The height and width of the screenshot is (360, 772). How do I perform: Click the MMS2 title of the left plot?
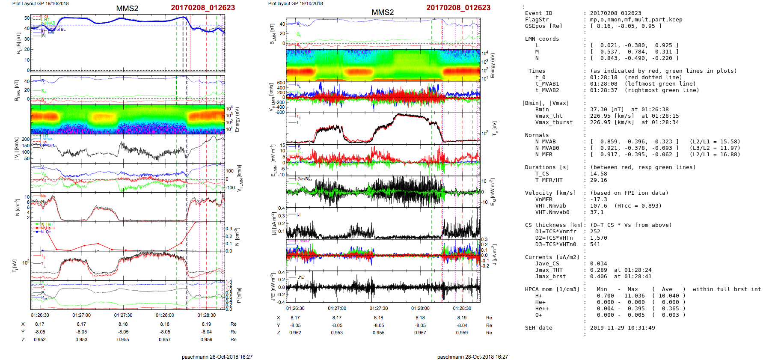(x=127, y=9)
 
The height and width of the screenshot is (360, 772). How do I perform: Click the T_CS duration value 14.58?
(x=598, y=174)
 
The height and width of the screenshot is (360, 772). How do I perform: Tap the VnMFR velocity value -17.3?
(x=598, y=199)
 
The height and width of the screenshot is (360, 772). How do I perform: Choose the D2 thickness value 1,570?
(x=598, y=238)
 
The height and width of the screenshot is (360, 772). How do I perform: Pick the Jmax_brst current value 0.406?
(x=598, y=277)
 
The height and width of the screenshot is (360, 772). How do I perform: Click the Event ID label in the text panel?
(x=538, y=13)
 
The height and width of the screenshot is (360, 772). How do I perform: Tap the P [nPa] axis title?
(x=239, y=295)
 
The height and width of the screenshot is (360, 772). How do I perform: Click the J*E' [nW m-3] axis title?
(x=272, y=287)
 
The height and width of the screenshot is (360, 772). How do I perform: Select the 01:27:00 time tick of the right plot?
(x=337, y=308)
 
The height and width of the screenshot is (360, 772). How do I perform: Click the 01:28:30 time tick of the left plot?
(x=206, y=315)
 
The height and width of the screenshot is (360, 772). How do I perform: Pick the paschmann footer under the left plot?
(x=217, y=357)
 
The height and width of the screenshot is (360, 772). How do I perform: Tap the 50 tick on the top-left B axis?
(x=27, y=18)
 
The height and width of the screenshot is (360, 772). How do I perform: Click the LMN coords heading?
(x=542, y=39)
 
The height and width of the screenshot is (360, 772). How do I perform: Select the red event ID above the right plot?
(x=458, y=8)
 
